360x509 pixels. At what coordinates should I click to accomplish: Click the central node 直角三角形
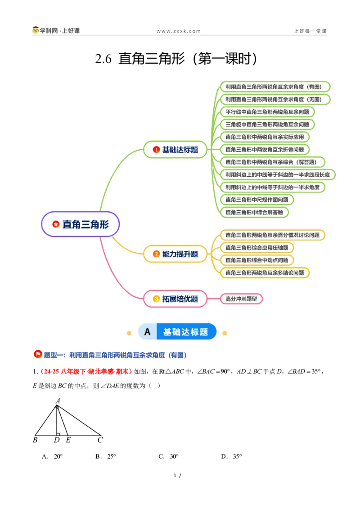(x=80, y=224)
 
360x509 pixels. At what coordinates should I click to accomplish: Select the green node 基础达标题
(x=175, y=150)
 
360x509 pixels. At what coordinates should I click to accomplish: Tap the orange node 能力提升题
(x=175, y=254)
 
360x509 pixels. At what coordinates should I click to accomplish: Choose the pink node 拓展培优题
(x=175, y=299)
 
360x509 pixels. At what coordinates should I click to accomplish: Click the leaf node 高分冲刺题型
(x=241, y=299)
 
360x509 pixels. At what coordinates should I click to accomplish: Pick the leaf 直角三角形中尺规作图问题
(x=257, y=200)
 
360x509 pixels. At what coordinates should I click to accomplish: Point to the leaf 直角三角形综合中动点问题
(x=257, y=260)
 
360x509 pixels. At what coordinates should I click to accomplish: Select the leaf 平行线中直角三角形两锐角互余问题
(x=267, y=112)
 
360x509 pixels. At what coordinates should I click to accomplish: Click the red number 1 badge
(x=156, y=150)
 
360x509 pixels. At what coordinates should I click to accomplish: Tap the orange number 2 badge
(x=156, y=254)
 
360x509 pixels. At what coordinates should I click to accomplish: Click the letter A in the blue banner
(x=148, y=332)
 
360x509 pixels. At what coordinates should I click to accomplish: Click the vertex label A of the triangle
(x=58, y=401)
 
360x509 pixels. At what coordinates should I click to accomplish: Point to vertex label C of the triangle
(x=100, y=440)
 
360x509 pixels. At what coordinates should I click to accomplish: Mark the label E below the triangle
(x=68, y=440)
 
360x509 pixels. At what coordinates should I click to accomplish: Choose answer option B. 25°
(x=106, y=456)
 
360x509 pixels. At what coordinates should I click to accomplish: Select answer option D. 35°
(x=231, y=456)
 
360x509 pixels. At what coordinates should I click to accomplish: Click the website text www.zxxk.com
(x=179, y=31)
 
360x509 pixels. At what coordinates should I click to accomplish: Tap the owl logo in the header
(x=36, y=30)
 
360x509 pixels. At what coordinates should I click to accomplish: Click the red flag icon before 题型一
(x=38, y=354)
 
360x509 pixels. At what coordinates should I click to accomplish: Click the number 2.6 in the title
(x=103, y=59)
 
